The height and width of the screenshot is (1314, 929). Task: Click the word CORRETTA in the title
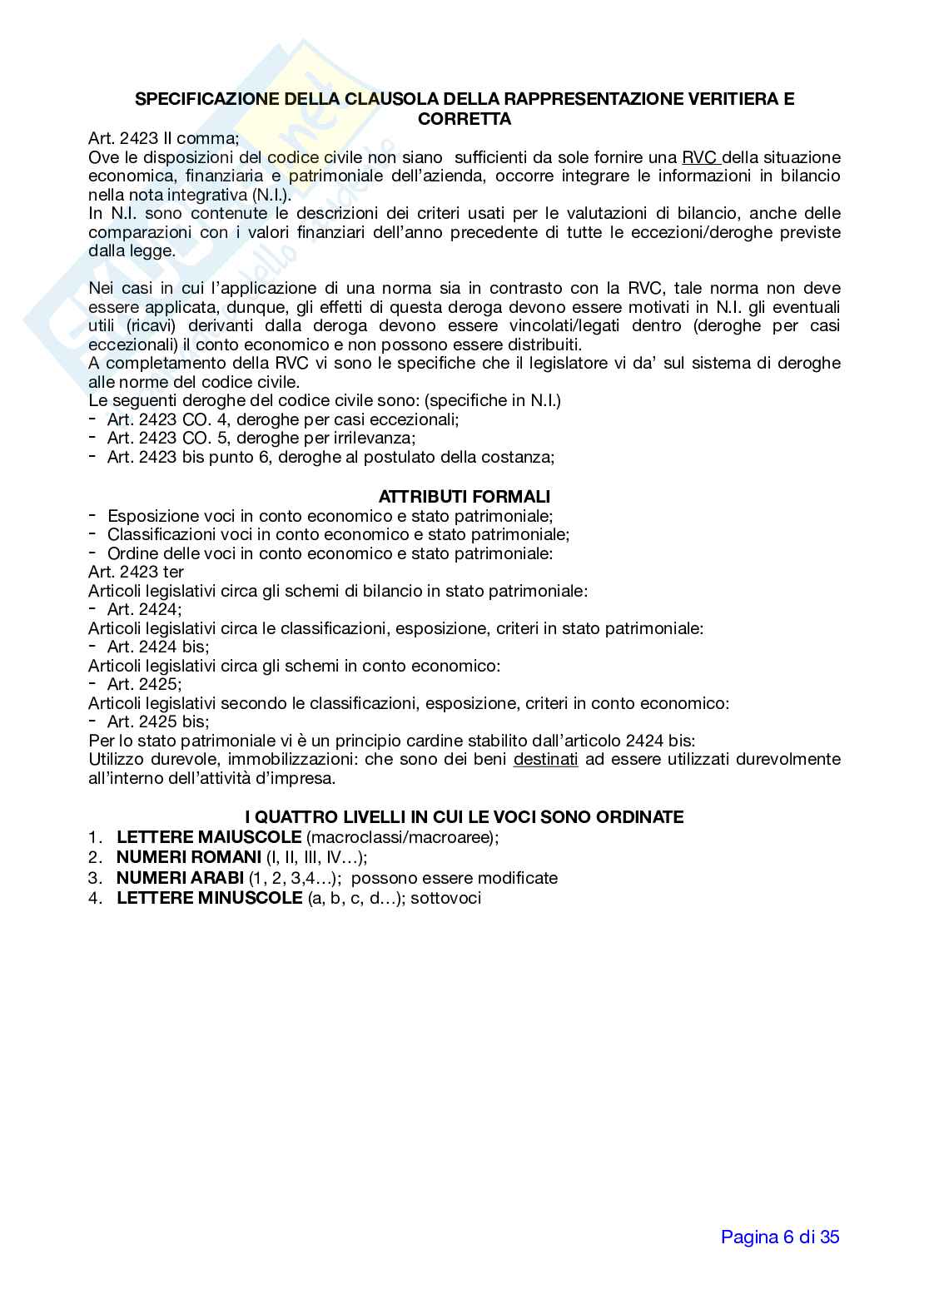click(464, 119)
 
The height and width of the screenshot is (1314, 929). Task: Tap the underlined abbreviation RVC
click(700, 157)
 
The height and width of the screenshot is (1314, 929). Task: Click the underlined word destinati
click(545, 760)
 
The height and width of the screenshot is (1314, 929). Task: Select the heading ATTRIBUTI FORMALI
click(464, 497)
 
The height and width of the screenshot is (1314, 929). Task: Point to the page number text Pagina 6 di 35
click(780, 1237)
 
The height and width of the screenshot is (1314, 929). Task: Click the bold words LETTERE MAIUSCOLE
click(209, 837)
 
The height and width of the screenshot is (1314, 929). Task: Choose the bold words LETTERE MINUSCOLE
click(209, 898)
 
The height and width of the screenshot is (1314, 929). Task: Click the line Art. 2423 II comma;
click(163, 138)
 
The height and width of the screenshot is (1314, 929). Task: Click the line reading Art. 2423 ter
click(136, 572)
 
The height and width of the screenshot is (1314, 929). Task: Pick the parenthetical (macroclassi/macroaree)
click(400, 837)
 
